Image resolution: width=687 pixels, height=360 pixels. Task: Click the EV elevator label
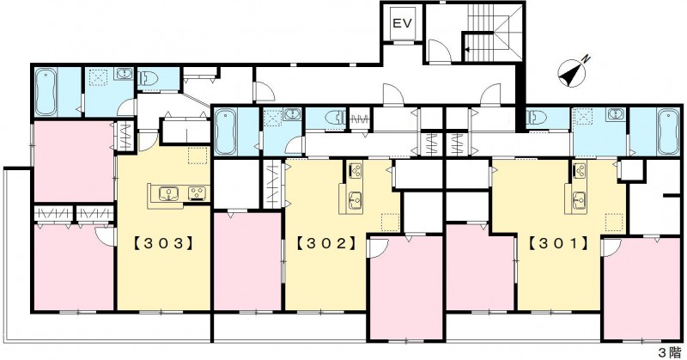(402, 23)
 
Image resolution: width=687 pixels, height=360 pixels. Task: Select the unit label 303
(162, 243)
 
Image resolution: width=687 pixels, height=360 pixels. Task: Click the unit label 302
(325, 243)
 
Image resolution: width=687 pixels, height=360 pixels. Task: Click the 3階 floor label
(669, 352)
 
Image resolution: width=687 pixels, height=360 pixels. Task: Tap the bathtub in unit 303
(46, 92)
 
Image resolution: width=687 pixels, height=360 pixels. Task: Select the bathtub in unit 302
(226, 132)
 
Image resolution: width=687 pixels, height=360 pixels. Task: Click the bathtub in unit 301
(668, 131)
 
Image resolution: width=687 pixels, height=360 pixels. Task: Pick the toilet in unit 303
(147, 79)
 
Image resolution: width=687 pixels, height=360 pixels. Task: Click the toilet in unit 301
(536, 118)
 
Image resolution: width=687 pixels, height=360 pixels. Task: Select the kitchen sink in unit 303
(168, 193)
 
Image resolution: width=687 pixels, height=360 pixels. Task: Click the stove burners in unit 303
(198, 193)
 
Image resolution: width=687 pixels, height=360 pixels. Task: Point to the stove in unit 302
(356, 170)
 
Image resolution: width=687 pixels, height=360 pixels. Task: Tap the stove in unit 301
(581, 170)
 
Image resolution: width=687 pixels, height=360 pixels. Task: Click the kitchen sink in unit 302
(355, 201)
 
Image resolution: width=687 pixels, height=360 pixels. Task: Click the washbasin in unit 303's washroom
(124, 74)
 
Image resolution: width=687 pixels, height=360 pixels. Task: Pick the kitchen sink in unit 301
(579, 201)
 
